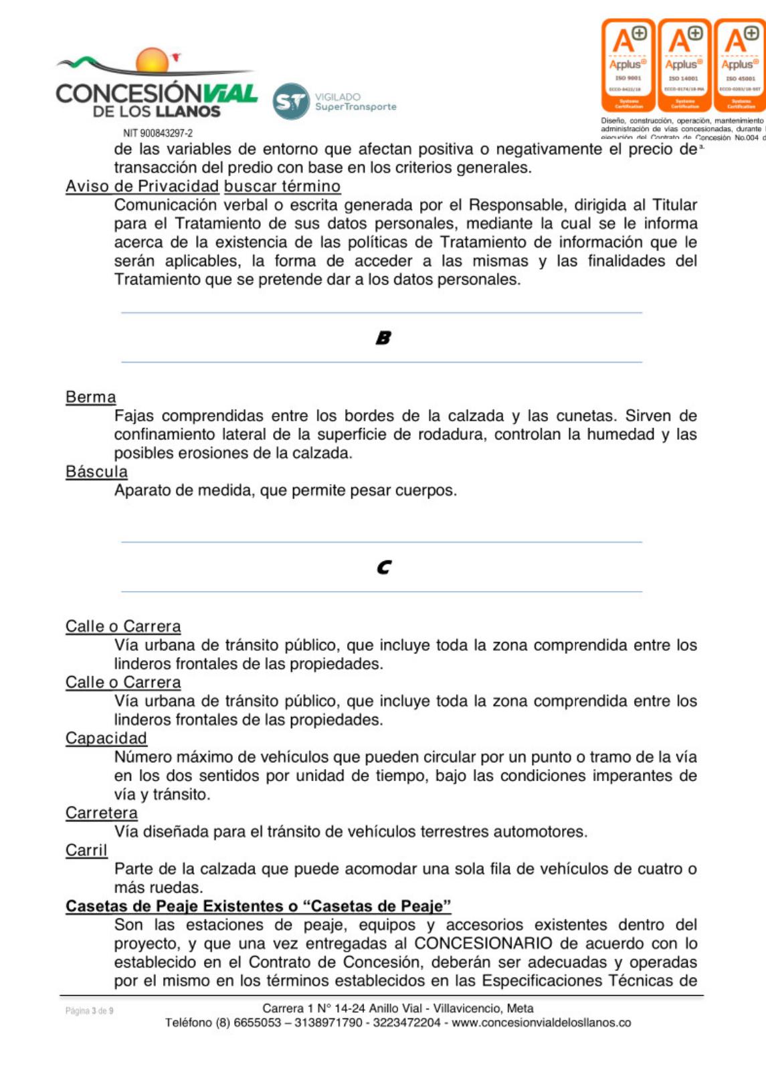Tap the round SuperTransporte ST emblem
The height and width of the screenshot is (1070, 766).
click(291, 102)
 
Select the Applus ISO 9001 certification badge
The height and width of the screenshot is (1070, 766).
click(628, 65)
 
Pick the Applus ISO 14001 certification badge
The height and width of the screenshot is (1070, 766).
click(684, 65)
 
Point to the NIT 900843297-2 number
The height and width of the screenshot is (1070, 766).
click(158, 133)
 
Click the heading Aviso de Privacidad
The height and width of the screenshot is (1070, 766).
click(142, 187)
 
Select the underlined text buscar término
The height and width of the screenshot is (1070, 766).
click(282, 187)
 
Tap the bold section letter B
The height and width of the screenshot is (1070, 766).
click(383, 338)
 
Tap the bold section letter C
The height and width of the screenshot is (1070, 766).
click(383, 567)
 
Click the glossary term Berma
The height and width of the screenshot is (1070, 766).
click(90, 397)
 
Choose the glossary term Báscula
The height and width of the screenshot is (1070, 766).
click(96, 472)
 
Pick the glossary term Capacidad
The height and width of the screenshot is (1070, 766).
click(106, 738)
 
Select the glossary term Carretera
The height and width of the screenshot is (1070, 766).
click(101, 813)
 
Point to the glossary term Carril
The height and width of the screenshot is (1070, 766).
click(86, 851)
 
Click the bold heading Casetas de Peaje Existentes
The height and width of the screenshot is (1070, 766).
click(258, 906)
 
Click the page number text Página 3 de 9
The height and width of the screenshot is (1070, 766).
click(89, 1010)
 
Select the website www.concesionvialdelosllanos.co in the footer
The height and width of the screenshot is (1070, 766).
click(541, 1023)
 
